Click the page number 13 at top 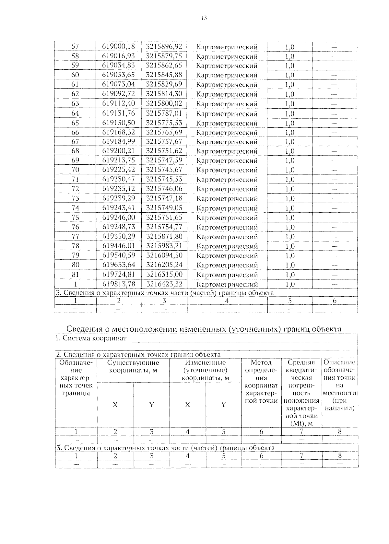[204, 18]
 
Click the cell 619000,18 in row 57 [118, 46]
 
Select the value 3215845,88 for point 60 [164, 75]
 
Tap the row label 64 [75, 113]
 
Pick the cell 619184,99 [118, 142]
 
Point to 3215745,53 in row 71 [164, 179]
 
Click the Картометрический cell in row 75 [227, 218]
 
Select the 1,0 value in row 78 [289, 246]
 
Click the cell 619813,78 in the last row [118, 284]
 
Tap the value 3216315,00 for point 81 [164, 275]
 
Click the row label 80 [75, 265]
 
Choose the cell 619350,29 [118, 237]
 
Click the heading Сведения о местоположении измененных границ [204, 329]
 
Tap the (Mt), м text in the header [301, 423]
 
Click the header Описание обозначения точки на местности [339, 385]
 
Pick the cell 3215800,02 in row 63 [164, 104]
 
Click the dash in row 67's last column [334, 142]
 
